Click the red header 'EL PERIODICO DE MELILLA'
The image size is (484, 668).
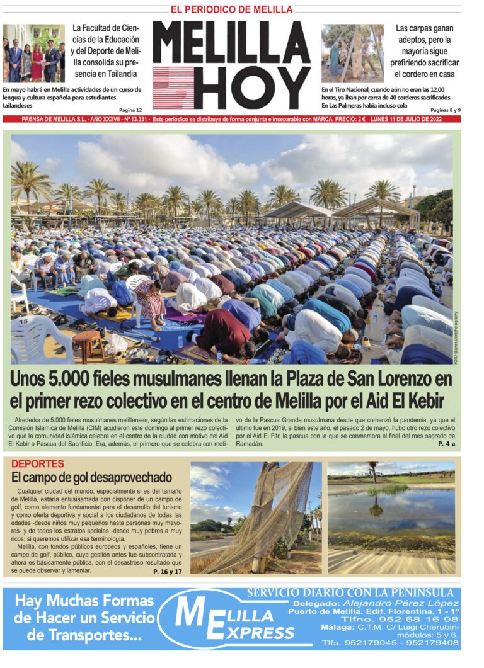231,9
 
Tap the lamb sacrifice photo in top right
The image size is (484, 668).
352,53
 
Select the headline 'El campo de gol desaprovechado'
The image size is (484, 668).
91,477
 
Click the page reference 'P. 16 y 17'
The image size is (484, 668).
167,572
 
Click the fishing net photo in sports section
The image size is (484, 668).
255,517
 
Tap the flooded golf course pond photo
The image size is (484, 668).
391,517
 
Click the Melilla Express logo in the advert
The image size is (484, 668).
233,618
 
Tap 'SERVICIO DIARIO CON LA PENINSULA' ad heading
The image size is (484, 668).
350,592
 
